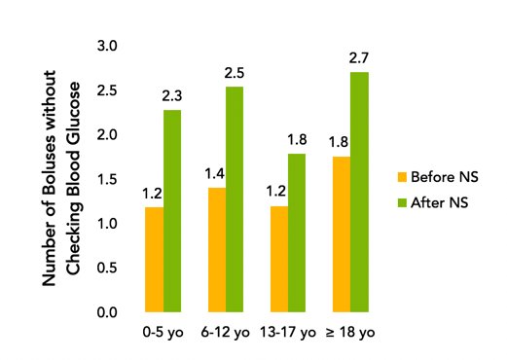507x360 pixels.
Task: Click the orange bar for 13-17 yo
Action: pyautogui.click(x=279, y=260)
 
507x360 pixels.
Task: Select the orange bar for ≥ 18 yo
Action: pyautogui.click(x=342, y=234)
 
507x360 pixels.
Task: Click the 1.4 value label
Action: pyautogui.click(x=215, y=174)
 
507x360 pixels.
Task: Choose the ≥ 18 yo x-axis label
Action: pyautogui.click(x=351, y=333)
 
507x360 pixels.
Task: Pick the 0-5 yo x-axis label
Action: pyautogui.click(x=163, y=333)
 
